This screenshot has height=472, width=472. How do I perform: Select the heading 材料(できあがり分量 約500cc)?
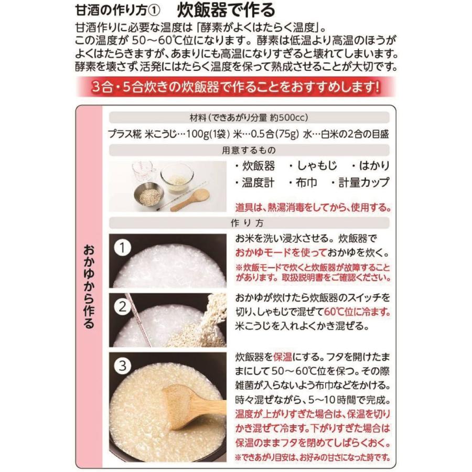249,117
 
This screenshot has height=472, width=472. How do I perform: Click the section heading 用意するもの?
249,151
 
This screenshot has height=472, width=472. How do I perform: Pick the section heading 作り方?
249,222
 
